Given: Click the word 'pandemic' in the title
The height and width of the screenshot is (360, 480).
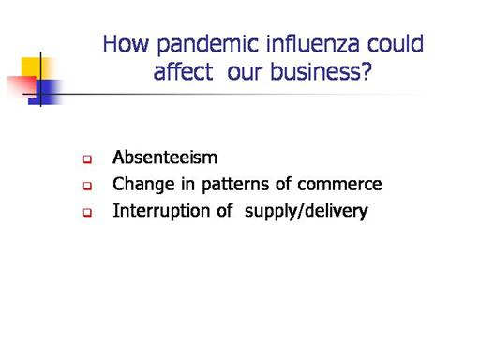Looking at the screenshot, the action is click(208, 44).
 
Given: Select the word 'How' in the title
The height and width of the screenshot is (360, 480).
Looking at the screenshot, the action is click(126, 44).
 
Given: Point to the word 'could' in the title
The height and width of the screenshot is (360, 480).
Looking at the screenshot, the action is click(396, 43).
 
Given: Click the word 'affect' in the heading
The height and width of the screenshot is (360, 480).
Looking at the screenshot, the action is click(184, 71).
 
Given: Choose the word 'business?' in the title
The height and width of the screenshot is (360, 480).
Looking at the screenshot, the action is click(321, 71).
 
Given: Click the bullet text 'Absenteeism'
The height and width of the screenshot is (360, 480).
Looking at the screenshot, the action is click(165, 157).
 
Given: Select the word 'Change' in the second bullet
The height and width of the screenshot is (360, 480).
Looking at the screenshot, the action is click(143, 185).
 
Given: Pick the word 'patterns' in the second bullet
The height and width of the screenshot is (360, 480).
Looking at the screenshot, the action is click(235, 184).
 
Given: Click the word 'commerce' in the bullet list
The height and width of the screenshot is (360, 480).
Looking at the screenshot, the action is click(339, 185).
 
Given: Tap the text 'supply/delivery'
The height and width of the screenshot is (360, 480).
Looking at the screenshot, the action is click(307, 211).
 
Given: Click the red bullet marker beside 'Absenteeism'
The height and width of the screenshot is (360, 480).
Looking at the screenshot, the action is click(87, 159).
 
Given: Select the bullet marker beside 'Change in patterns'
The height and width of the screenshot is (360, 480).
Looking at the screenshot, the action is click(87, 187).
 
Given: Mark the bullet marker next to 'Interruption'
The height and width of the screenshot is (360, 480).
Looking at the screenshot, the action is click(87, 213).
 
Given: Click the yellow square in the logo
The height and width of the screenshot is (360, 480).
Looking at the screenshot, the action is click(35, 67).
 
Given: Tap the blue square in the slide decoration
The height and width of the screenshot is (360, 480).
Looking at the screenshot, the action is click(46, 92).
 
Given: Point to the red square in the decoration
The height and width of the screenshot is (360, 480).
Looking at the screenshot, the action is click(22, 84).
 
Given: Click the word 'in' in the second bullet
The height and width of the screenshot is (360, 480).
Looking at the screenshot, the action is click(187, 184).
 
